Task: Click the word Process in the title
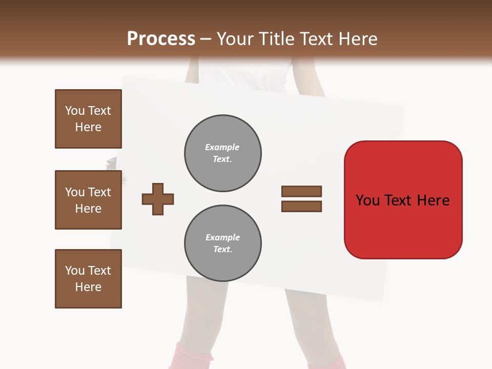tap(161, 39)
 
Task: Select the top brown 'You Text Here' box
tap(88, 119)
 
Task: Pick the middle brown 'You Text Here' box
tap(88, 200)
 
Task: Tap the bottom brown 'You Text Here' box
tap(88, 279)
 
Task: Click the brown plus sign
tap(158, 199)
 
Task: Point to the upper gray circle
tap(222, 153)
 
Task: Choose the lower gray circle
tap(222, 243)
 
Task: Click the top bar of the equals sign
tap(301, 191)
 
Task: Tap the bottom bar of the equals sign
tap(301, 206)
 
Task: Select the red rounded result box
tap(403, 200)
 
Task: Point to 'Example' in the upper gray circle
tap(222, 147)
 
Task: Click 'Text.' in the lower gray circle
tap(222, 250)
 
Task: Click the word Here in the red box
tap(433, 200)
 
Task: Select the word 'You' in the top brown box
tap(74, 111)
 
